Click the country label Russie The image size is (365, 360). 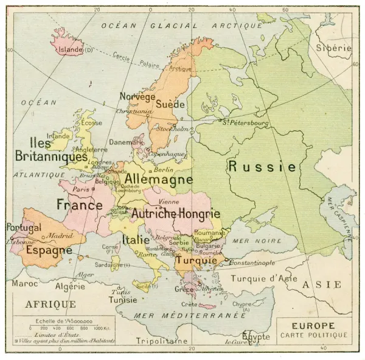pos(262,166)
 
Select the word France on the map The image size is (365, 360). pos(79,205)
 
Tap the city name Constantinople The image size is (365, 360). pos(252,263)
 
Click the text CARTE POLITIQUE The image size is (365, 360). pos(314,335)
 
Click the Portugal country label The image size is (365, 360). pos(24,227)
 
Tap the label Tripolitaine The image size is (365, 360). pos(161,342)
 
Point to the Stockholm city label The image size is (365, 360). pos(172,129)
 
